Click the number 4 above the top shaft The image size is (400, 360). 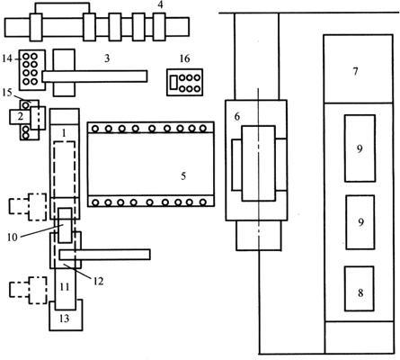161,5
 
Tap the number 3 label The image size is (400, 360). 107,58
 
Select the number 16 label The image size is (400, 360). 184,58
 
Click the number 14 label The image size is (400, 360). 6,58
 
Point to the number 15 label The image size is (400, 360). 7,93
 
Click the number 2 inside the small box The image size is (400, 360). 20,116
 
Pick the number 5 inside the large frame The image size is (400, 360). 183,175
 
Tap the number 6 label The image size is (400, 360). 237,116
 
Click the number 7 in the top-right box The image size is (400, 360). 356,71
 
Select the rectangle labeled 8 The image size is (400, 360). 360,289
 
